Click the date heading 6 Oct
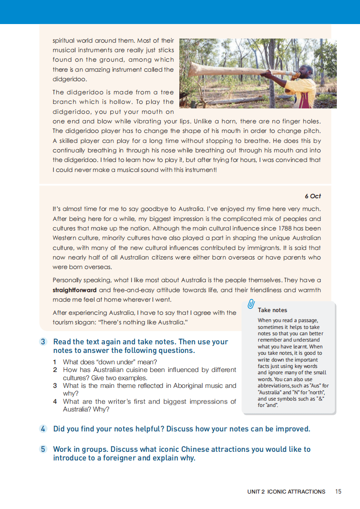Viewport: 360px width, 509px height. [313, 196]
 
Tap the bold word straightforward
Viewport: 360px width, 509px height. [74, 290]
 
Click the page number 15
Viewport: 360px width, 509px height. [338, 491]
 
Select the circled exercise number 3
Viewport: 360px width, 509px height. [43, 342]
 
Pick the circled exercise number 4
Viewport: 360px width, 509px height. [43, 429]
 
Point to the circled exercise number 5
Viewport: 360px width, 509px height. [43, 449]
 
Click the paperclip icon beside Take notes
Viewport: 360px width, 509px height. [251, 304]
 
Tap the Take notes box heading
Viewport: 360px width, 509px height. [272, 310]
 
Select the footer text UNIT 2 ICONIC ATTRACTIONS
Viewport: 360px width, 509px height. [286, 491]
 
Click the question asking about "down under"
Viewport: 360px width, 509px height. [110, 362]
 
